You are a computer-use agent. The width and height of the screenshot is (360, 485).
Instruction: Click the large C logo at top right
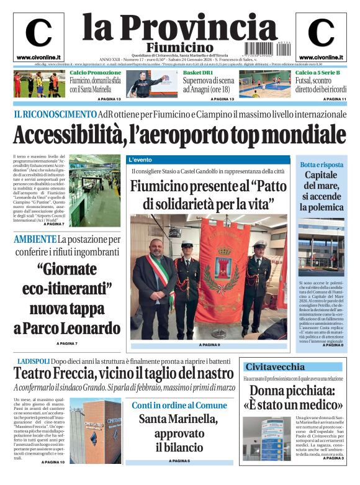pyautogui.click(x=321, y=33)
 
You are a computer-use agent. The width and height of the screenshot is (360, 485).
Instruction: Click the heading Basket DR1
pyautogui.click(x=197, y=73)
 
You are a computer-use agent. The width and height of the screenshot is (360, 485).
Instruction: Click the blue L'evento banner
pyautogui.click(x=140, y=160)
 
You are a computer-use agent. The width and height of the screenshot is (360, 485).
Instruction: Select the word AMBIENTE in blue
pyautogui.click(x=35, y=239)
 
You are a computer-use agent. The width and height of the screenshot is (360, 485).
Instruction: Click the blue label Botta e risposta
pyautogui.click(x=321, y=165)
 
